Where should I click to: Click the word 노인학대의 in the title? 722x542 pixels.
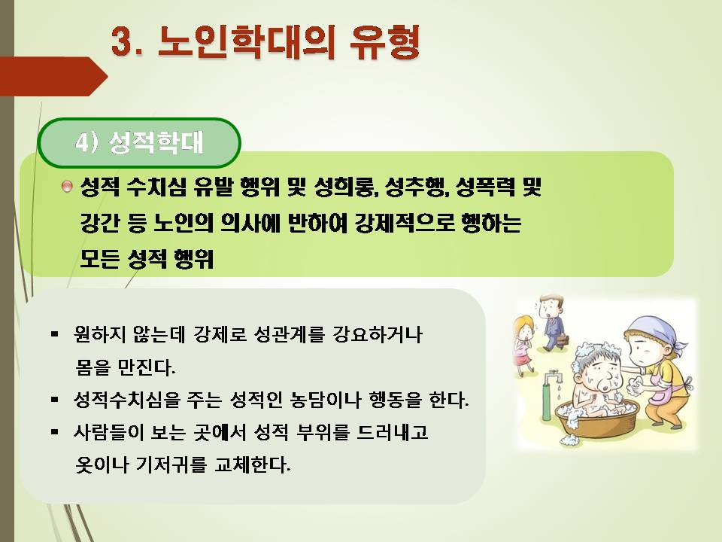tap(247, 41)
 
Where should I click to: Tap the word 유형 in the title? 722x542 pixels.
tap(384, 41)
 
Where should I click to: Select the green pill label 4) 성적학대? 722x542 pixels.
tap(139, 142)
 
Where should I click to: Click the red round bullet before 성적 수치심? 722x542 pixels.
tap(67, 187)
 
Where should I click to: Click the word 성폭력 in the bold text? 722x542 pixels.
tap(485, 187)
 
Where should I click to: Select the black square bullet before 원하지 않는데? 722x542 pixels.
tap(55, 333)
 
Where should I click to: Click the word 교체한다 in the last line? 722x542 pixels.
tap(253, 464)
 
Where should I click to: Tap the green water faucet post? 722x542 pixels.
tap(547, 397)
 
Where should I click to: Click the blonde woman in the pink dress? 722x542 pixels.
tap(523, 344)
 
